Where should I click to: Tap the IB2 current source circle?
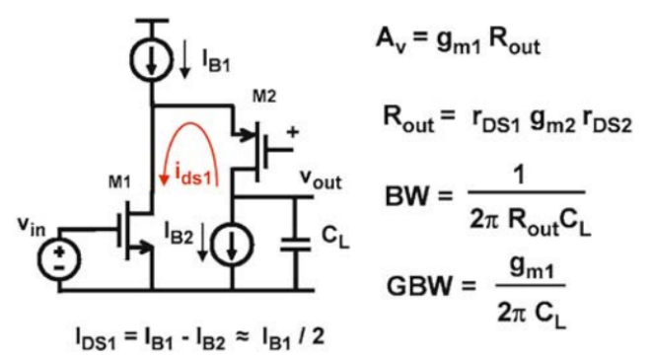pyautogui.click(x=232, y=245)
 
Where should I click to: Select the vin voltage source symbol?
pyautogui.click(x=59, y=259)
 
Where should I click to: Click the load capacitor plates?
pyautogui.click(x=296, y=245)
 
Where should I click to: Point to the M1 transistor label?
pyautogui.click(x=119, y=181)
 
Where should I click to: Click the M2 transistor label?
pyautogui.click(x=264, y=97)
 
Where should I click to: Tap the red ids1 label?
pyautogui.click(x=193, y=175)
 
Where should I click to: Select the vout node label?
pyautogui.click(x=321, y=180)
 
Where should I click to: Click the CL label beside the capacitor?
pyautogui.click(x=335, y=238)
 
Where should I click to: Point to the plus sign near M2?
pyautogui.click(x=293, y=132)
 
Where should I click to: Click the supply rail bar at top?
pyautogui.click(x=152, y=20)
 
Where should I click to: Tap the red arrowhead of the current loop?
pyautogui.click(x=165, y=180)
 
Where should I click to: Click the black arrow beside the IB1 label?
pyautogui.click(x=184, y=58)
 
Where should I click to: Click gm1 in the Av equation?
pyautogui.click(x=459, y=42)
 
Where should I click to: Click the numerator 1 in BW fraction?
pyautogui.click(x=519, y=175)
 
